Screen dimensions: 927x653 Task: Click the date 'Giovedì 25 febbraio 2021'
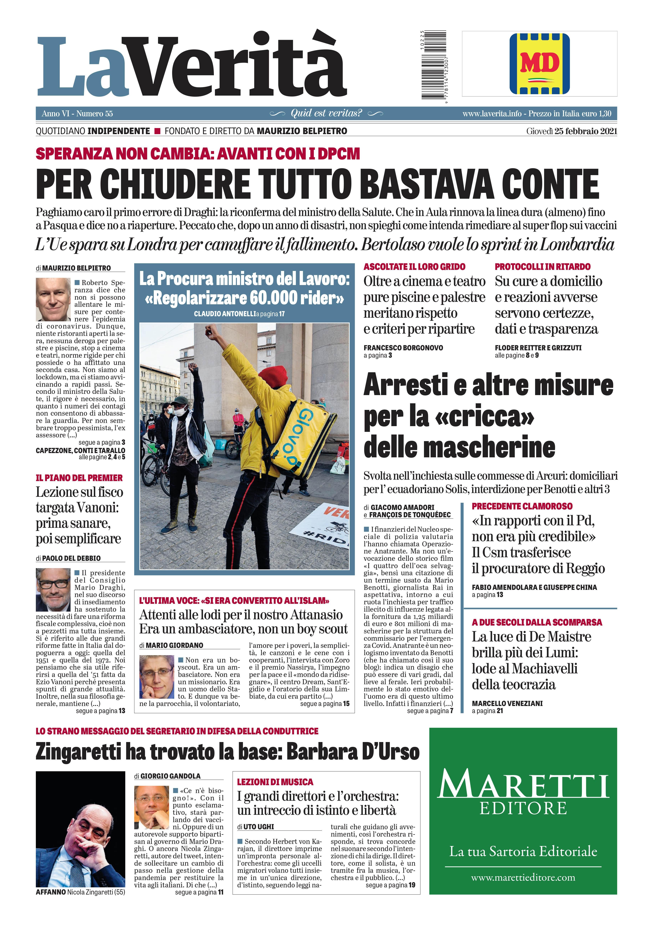pos(571,131)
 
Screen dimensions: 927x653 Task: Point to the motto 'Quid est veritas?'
pos(326,113)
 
